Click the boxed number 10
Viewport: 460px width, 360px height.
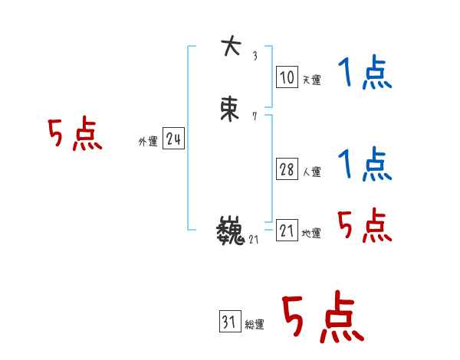click(x=286, y=77)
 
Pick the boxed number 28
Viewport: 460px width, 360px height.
click(x=287, y=169)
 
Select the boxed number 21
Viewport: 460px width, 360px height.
click(x=287, y=231)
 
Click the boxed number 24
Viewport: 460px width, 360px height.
click(x=173, y=139)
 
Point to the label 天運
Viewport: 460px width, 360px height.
click(x=311, y=80)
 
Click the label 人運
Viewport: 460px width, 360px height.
click(x=311, y=172)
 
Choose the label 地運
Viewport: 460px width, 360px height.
click(x=311, y=234)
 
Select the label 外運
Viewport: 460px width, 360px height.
click(x=147, y=142)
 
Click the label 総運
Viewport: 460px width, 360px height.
click(x=255, y=326)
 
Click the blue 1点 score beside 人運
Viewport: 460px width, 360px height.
click(x=364, y=165)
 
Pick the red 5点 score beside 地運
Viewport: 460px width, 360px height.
click(x=364, y=226)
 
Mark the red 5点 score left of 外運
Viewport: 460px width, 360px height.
click(x=74, y=136)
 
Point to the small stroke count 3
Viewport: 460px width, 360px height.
click(x=255, y=55)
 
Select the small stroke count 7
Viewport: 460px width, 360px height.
click(x=255, y=117)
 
